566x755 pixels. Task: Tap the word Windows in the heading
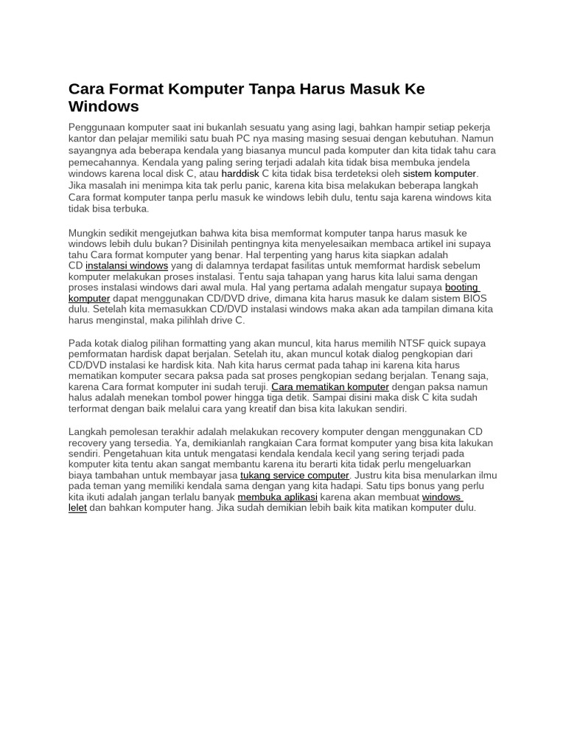pyautogui.click(x=103, y=107)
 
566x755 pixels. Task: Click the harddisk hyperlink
pyautogui.click(x=241, y=174)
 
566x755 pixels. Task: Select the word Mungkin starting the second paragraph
pyautogui.click(x=87, y=234)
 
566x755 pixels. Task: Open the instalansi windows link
pyautogui.click(x=127, y=265)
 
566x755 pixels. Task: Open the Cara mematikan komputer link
pyautogui.click(x=330, y=387)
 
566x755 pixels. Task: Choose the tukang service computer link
pyautogui.click(x=295, y=476)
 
